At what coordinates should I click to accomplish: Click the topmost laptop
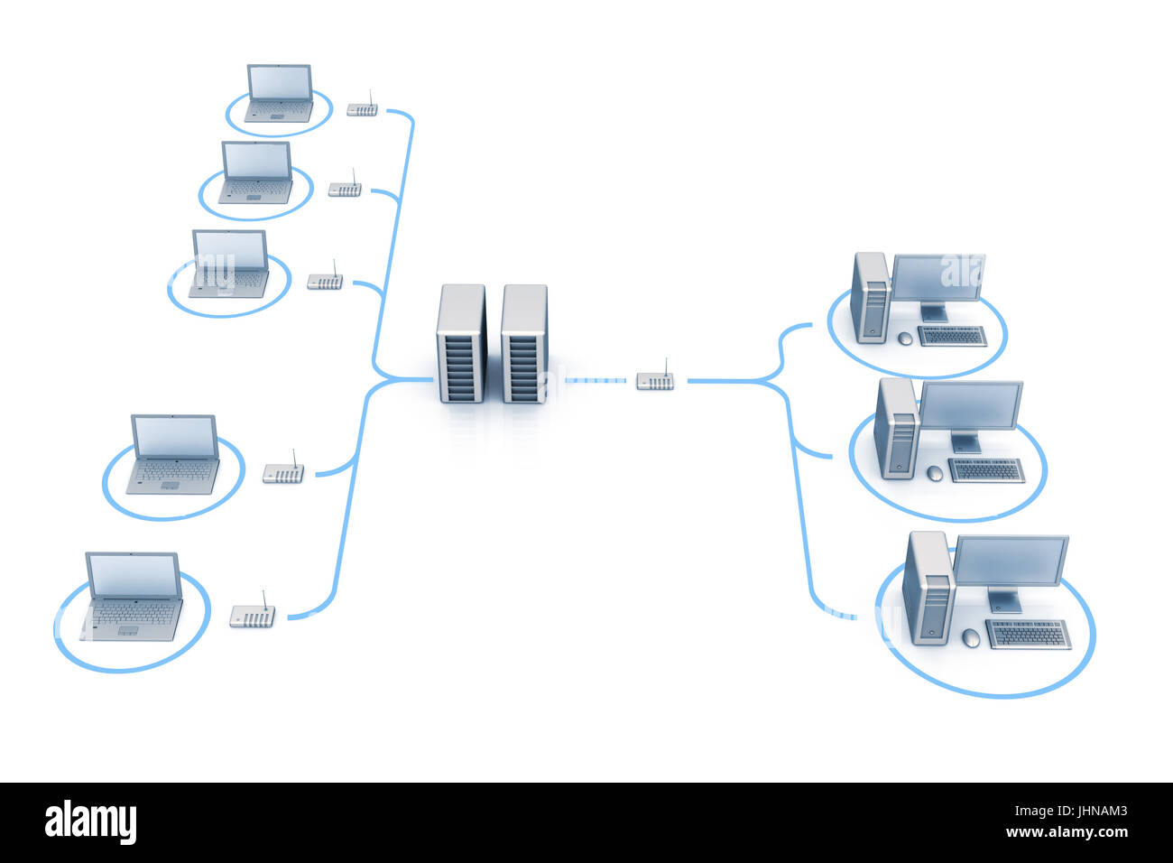point(280,93)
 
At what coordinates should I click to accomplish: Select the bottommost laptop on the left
point(134,596)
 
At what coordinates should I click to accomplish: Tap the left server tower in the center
point(461,344)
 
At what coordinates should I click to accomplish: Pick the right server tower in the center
point(524,344)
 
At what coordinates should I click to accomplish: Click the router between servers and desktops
point(655,380)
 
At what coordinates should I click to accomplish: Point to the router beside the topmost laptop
point(363,109)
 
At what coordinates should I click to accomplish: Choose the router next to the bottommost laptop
point(253,617)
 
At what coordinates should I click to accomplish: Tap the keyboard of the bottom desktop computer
point(1029,634)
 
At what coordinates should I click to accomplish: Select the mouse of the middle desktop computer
point(935,473)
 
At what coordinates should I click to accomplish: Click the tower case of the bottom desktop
point(928,588)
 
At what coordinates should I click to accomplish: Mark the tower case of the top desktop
point(870,297)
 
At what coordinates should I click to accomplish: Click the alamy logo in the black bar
point(90,822)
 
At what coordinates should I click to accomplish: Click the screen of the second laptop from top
point(256,160)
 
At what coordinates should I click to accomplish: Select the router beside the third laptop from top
point(325,281)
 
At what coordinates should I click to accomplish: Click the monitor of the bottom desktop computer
point(1011,561)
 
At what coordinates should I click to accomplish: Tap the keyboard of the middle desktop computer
point(986,469)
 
